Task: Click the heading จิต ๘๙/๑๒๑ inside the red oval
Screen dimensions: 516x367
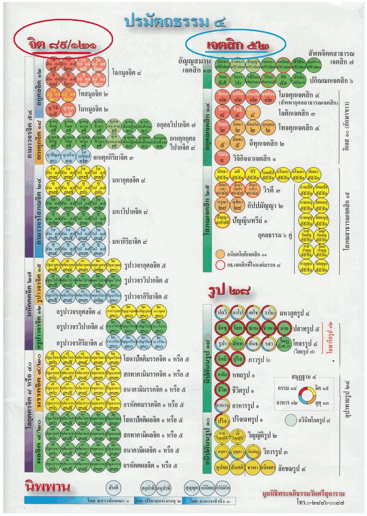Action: [63, 44]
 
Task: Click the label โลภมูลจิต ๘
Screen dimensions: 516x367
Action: [126, 74]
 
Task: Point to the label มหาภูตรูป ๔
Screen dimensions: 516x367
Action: [295, 313]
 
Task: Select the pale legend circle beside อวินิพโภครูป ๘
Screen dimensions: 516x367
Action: [291, 420]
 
